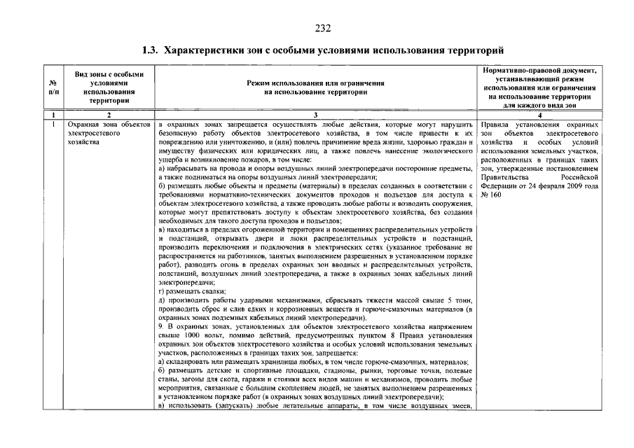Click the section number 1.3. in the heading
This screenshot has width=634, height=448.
(151, 51)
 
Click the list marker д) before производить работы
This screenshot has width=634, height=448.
(163, 300)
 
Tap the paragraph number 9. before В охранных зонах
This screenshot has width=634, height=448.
(161, 326)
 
